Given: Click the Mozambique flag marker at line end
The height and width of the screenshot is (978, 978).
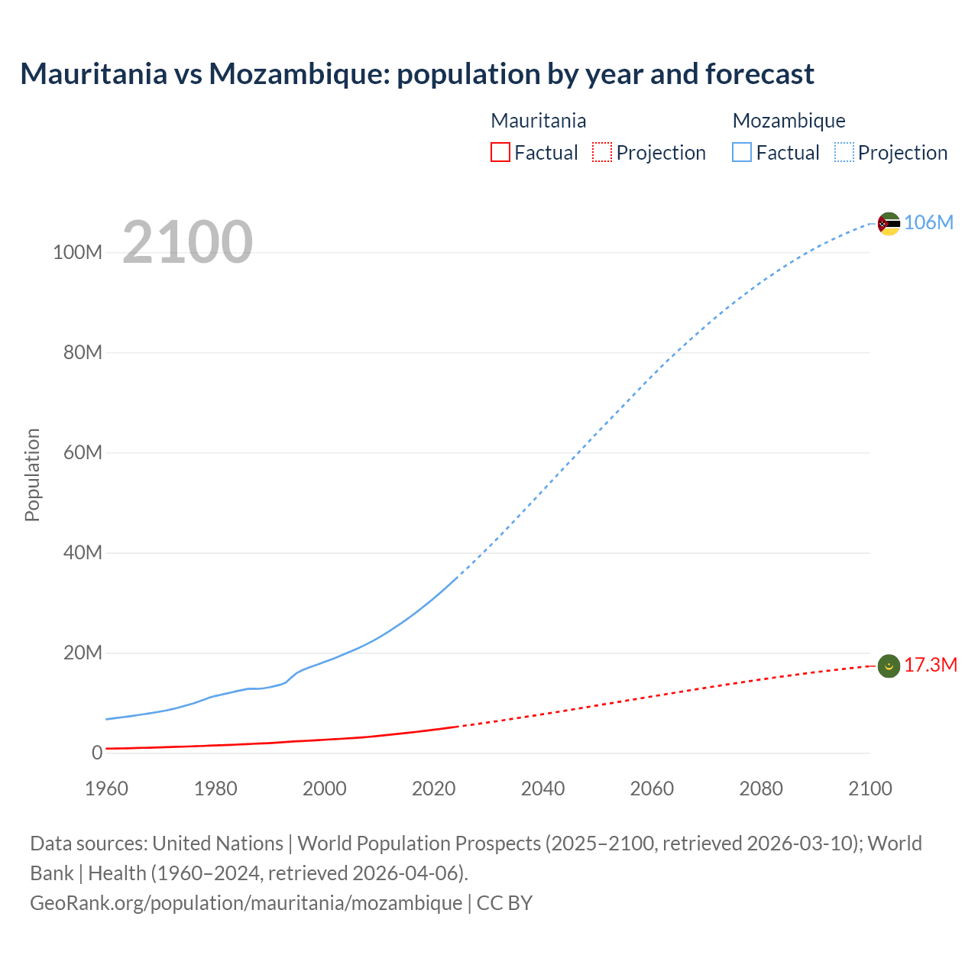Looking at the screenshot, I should coord(889,224).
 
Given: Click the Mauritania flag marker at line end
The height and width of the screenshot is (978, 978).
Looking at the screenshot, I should coord(889,666).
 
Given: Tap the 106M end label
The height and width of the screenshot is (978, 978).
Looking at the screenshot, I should coord(928,222).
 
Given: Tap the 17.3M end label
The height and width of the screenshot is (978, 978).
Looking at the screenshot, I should coord(930,665).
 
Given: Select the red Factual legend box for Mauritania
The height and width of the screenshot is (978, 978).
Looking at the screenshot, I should coord(500,152).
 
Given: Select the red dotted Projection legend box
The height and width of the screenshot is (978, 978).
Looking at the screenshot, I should coord(602,152).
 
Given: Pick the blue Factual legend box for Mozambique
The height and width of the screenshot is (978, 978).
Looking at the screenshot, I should coord(742,152).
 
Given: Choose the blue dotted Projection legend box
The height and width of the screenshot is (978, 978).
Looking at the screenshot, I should coord(844,152).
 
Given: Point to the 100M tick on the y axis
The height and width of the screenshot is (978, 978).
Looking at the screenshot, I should coord(77,253).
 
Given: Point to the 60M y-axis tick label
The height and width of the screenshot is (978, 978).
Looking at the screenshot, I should coord(83,452).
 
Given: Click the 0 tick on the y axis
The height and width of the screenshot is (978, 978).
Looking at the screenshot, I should coord(97,753).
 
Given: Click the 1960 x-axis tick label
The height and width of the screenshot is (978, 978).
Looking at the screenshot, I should coord(106,789).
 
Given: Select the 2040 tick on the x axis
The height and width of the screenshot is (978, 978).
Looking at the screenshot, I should coord(542,789).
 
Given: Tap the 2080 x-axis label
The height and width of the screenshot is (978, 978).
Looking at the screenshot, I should coord(761,789).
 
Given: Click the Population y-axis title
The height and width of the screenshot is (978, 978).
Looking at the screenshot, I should coord(32,474).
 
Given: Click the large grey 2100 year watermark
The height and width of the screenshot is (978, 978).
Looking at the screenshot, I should coord(187,242).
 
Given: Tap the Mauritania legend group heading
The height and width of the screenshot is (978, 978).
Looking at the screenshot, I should coord(538,121).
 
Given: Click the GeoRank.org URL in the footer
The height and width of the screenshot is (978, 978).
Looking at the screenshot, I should coord(246,902).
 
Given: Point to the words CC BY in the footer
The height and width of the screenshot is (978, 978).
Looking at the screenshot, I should coord(504,902).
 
